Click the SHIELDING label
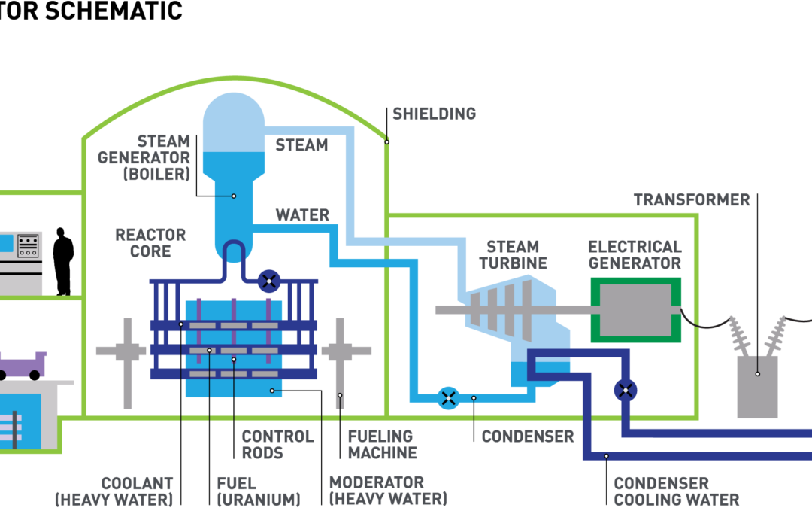(x=434, y=114)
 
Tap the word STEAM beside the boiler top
(x=301, y=144)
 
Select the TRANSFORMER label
(x=691, y=200)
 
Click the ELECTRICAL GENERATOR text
(x=635, y=255)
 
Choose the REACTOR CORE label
(x=150, y=243)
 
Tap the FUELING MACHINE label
(x=382, y=444)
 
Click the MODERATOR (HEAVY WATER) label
(x=388, y=491)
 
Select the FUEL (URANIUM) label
(x=258, y=491)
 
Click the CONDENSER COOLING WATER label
(x=676, y=491)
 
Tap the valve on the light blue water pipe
(x=448, y=397)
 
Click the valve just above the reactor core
(x=269, y=281)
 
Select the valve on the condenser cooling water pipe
(x=625, y=390)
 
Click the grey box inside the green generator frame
(x=635, y=309)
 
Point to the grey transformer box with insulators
(x=756, y=385)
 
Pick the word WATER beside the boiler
(x=302, y=215)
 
